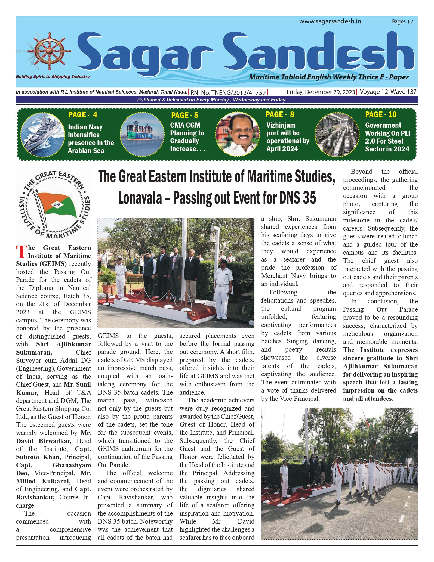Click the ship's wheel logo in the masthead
[50, 51]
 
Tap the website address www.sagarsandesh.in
[330, 21]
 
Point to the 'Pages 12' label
[402, 21]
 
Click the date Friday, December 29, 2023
[321, 92]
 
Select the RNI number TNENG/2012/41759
[228, 92]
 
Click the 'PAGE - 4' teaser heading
[83, 115]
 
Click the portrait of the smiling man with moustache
[238, 134]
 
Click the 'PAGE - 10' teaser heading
[381, 114]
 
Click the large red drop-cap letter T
[21, 251]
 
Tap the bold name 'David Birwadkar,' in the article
[44, 441]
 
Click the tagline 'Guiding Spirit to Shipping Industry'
[53, 77]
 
